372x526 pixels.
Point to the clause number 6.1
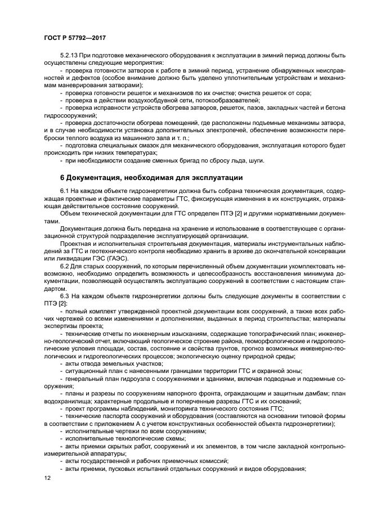(65, 193)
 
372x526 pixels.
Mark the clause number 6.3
(65, 295)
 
